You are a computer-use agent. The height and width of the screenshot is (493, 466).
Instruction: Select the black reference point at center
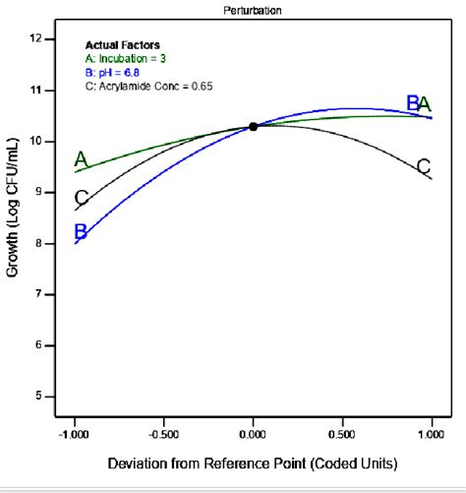[x=253, y=126]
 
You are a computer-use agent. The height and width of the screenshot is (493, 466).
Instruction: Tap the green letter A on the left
[x=81, y=159]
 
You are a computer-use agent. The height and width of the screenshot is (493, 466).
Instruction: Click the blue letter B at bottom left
[x=81, y=232]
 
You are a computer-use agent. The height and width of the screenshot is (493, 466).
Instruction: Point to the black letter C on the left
[x=81, y=198]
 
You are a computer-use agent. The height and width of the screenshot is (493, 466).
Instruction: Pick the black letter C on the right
[x=424, y=165]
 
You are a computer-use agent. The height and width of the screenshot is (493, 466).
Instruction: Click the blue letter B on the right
[x=413, y=102]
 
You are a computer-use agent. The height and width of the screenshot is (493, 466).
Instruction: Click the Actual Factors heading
[x=122, y=45]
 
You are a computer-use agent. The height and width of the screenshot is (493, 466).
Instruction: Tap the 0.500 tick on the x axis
[x=343, y=432]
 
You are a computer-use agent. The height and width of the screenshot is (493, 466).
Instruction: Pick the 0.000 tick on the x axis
[x=253, y=432]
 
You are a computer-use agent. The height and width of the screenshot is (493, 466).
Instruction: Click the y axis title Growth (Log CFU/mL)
[x=13, y=216]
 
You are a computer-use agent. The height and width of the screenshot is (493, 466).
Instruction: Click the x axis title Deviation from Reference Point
[x=252, y=463]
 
